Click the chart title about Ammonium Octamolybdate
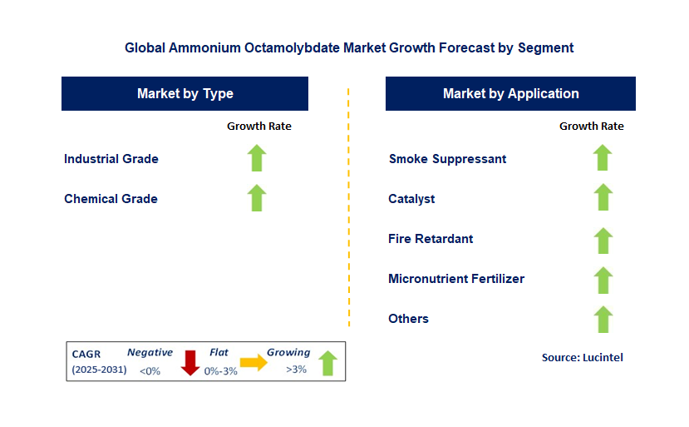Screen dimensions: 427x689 coord(349,47)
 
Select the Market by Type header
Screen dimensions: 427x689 coord(185,94)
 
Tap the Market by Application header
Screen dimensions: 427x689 coord(510,94)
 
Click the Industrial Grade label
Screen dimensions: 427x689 coord(111,159)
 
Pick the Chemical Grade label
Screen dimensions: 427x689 coord(111,199)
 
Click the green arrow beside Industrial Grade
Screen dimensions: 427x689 coord(257,158)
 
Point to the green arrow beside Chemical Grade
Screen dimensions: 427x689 coord(257,198)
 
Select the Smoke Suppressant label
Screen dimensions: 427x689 coord(447,159)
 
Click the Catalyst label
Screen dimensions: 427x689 coord(411,199)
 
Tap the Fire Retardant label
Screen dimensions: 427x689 coord(431,239)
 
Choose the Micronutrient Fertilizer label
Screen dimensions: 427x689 coord(456,279)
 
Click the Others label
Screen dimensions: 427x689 coord(408,319)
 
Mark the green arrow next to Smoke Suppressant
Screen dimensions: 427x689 coord(603,158)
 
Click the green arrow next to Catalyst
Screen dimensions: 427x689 coord(603,198)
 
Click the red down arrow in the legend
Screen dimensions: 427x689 coord(190,363)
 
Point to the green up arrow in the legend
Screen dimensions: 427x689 coord(327,363)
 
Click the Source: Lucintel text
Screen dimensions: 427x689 coord(582,357)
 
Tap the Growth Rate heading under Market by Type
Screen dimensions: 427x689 coord(259,127)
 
